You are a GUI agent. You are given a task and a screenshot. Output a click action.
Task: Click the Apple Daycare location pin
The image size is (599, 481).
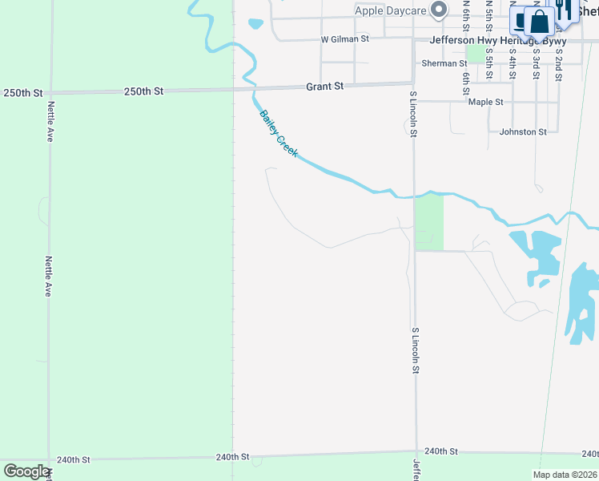tap(438, 10)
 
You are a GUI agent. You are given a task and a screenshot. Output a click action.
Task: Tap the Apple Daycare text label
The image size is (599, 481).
tap(392, 11)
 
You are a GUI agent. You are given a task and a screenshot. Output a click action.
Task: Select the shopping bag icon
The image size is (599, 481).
tap(541, 22)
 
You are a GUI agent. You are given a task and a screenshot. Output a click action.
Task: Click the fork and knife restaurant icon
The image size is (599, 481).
tap(566, 10)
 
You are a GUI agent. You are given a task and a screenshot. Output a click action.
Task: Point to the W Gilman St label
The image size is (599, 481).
tap(344, 38)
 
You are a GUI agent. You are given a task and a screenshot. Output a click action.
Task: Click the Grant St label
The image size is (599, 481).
tap(325, 86)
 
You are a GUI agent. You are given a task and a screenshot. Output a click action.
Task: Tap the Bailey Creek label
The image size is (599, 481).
tap(278, 133)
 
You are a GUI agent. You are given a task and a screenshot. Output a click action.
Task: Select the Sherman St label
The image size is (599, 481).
tap(444, 63)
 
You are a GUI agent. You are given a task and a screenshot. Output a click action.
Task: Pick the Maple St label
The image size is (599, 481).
tap(485, 102)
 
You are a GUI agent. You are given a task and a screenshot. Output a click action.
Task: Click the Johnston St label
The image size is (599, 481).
tap(522, 131)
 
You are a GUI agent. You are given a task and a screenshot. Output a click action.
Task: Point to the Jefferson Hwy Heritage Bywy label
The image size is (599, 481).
tap(497, 40)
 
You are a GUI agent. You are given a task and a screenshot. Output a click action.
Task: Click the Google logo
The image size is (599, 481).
tap(26, 471)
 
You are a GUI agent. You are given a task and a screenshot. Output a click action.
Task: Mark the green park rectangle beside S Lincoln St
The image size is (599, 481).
tap(428, 221)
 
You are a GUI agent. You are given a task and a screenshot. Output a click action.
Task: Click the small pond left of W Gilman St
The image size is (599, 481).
tap(255, 24)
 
